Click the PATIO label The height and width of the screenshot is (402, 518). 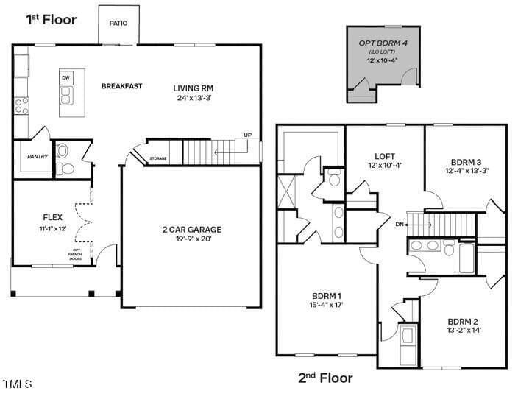coord(118,23)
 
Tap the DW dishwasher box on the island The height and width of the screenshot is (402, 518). coord(66,78)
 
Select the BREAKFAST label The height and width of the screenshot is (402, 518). coord(121,86)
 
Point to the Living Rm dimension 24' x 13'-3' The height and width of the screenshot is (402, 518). coord(194,98)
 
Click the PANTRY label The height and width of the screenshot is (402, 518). coord(38,156)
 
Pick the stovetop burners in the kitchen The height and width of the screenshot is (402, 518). coord(21,106)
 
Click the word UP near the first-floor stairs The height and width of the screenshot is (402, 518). coord(247,135)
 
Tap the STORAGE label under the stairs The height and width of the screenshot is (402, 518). coord(158,159)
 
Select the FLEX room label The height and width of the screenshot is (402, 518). coord(52,217)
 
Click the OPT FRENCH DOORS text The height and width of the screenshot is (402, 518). coord(75,254)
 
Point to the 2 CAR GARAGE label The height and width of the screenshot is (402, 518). coord(192,230)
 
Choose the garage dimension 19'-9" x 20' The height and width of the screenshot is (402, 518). coord(194,239)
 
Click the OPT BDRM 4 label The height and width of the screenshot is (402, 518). coord(383,43)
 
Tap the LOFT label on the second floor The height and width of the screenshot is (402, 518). coord(385,156)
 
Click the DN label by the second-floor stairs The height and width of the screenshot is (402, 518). coord(400,224)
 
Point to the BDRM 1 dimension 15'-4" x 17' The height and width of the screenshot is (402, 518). coord(326,305)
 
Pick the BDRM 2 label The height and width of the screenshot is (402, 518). coord(463,321)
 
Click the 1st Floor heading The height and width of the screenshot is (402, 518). coord(52,19)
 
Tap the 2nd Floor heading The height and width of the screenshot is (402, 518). coord(325,378)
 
